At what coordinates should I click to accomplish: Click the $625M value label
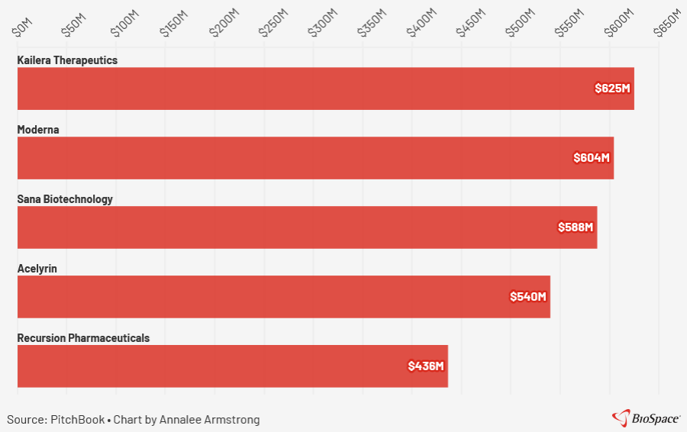coord(613,89)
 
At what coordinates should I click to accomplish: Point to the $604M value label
coord(592,158)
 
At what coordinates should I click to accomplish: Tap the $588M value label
coord(576,227)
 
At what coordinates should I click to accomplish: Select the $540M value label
coord(528,297)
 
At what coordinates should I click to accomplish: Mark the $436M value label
coord(426,366)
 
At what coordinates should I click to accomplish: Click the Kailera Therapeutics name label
coord(67,60)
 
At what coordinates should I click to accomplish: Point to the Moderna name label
coord(38,130)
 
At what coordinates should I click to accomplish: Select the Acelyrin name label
coord(37,269)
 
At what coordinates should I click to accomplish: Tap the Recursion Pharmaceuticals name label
coord(83,338)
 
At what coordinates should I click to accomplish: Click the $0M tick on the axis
coord(23,27)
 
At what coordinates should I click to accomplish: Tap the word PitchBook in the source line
coord(77,420)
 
